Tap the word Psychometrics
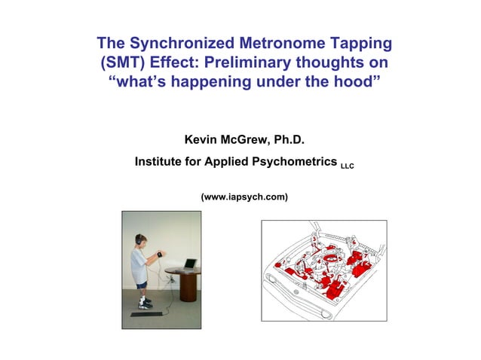pos(291,161)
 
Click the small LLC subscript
pos(347,165)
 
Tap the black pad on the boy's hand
pos(160,253)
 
